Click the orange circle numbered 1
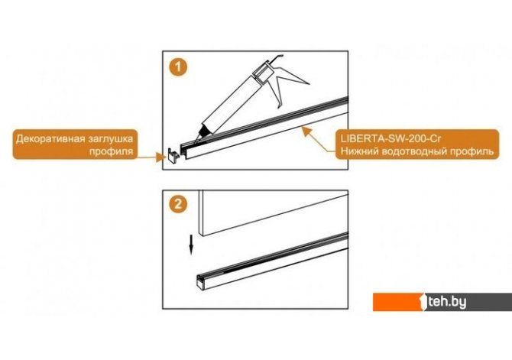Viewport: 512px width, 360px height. coord(178,67)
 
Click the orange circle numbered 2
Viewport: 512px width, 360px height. coord(178,205)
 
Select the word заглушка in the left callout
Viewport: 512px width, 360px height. coord(110,139)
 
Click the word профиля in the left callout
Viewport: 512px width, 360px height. coord(112,151)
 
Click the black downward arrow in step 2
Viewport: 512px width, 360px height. coord(191,245)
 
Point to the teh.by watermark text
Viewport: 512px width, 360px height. coord(448,302)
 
